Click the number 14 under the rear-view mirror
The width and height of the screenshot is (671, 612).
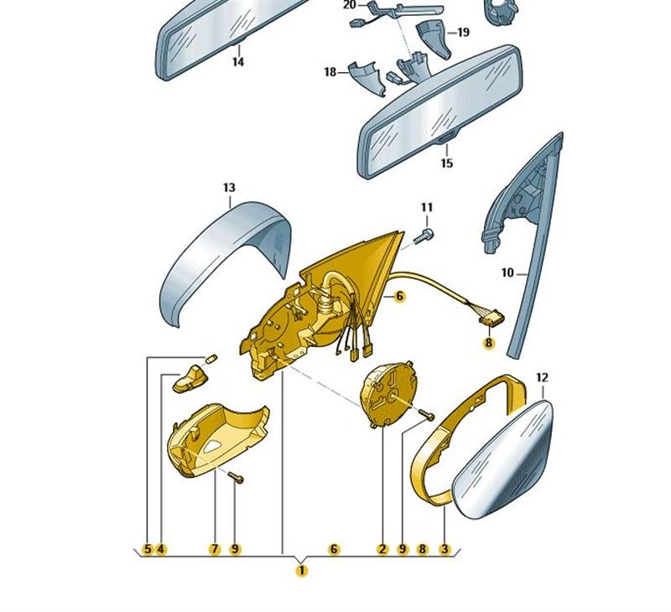click(x=238, y=61)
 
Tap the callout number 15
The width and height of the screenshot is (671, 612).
click(x=446, y=163)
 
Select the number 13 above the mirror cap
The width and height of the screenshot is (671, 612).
click(x=229, y=187)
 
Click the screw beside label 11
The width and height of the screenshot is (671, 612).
click(x=424, y=236)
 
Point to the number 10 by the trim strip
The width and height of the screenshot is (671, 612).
click(x=507, y=272)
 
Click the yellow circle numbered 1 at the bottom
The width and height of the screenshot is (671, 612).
click(x=302, y=571)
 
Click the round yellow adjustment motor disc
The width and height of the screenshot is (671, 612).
click(x=388, y=393)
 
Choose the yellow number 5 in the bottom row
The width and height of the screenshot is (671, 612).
click(x=148, y=549)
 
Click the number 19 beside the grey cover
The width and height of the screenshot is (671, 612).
click(x=463, y=32)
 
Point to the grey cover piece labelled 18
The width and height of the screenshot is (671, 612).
click(x=366, y=78)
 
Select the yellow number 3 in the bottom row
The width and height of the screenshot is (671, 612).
click(x=445, y=549)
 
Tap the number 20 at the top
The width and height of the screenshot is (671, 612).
click(x=349, y=5)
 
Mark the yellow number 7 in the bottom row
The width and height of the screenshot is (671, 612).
click(x=214, y=549)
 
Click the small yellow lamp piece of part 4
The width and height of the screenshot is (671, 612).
click(x=190, y=379)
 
